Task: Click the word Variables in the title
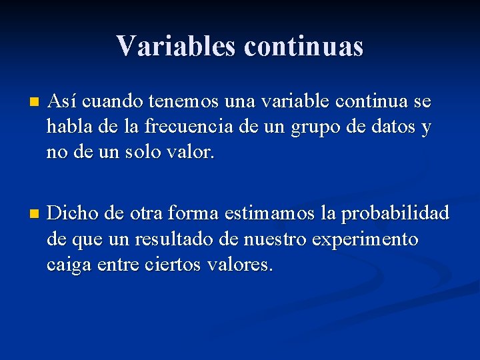(x=175, y=46)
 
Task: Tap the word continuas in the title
(x=304, y=46)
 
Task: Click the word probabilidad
(x=394, y=213)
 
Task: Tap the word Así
(x=63, y=102)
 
